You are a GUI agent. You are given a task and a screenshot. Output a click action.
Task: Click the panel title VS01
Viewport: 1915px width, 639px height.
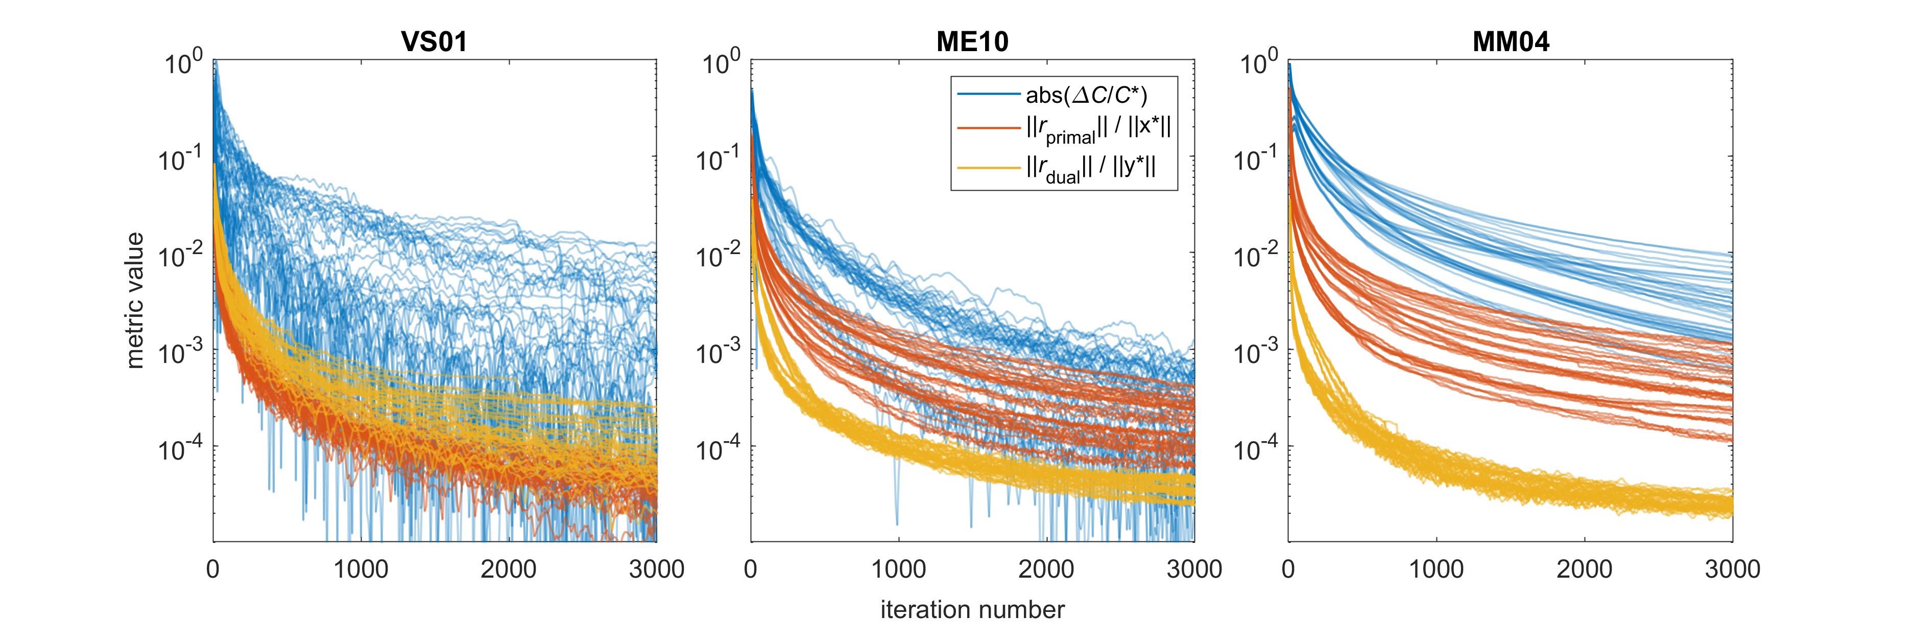434,41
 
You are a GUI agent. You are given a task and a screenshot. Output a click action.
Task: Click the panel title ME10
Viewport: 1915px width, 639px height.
972,41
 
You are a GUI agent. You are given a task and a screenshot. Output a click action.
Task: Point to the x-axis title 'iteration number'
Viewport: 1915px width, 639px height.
972,610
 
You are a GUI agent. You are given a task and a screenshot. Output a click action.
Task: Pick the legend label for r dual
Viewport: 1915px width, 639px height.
1090,169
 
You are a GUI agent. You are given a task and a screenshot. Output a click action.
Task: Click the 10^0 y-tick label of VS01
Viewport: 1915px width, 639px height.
182,62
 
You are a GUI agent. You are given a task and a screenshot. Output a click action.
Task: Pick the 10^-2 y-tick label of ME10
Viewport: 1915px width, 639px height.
717,255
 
